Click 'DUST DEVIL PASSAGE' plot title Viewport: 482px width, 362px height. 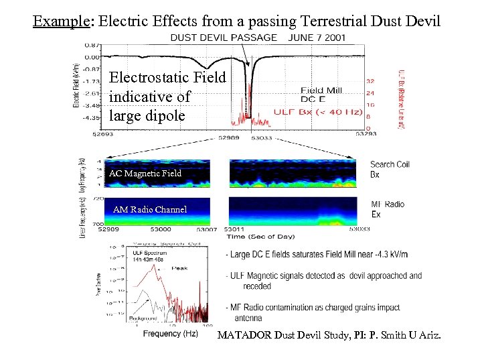223,38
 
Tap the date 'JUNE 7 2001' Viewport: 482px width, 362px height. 317,38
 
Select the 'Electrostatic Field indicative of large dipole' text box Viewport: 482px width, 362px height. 167,97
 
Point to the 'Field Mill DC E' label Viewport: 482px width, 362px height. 321,95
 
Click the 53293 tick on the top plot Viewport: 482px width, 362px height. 365,135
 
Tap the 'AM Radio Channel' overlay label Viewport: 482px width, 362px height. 150,209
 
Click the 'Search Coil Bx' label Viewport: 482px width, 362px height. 390,169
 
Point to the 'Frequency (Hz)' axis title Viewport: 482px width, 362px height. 171,333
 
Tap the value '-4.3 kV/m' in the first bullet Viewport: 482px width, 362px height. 389,255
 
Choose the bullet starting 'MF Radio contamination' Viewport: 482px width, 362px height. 315,312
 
